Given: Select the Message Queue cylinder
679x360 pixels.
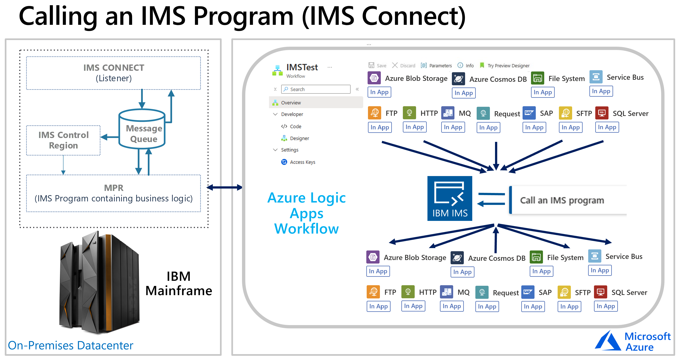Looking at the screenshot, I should pyautogui.click(x=142, y=129).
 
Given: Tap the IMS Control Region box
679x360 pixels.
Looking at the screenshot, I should pyautogui.click(x=63, y=140).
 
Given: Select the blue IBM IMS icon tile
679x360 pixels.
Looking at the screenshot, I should pyautogui.click(x=450, y=198).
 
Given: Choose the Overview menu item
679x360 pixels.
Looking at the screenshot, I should pyautogui.click(x=291, y=103).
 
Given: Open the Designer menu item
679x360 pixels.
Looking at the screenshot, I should pyautogui.click(x=299, y=138).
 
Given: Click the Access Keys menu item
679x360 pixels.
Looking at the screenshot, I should pyautogui.click(x=302, y=162).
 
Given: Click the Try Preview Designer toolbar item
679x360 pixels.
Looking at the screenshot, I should pyautogui.click(x=505, y=65).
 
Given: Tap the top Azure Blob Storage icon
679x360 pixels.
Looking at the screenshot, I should pyautogui.click(x=374, y=78).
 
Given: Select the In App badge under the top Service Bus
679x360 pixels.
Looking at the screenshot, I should pyautogui.click(x=601, y=91).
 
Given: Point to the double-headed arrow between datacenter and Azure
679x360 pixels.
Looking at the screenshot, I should pyautogui.click(x=224, y=187).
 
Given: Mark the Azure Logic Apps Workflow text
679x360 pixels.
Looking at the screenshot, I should pyautogui.click(x=307, y=213).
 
